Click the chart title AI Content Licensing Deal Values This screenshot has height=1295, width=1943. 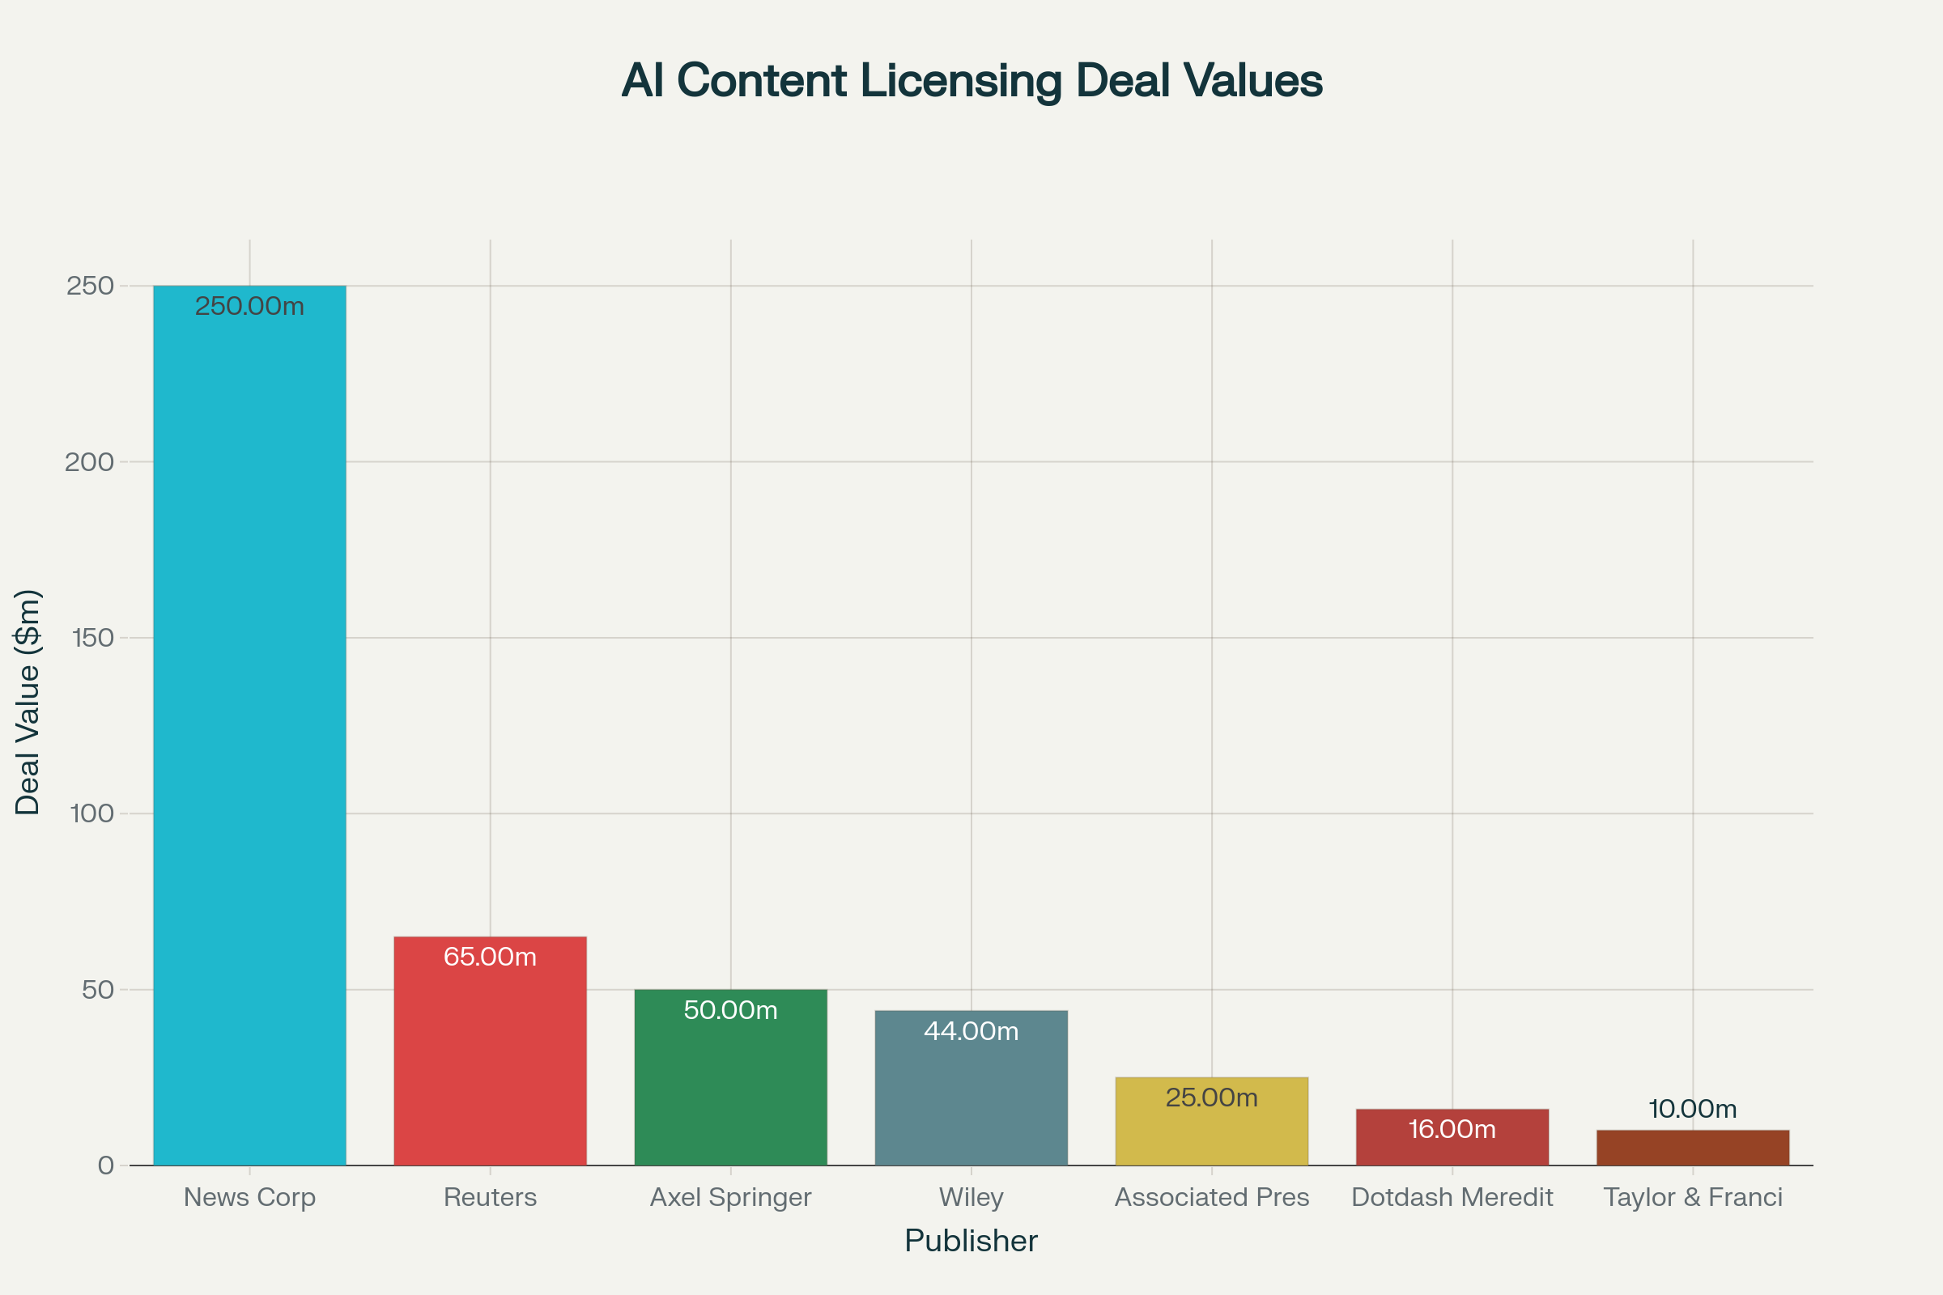971,81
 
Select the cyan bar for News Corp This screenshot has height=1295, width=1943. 249,727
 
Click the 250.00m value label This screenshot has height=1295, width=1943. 249,307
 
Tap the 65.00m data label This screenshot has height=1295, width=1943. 490,957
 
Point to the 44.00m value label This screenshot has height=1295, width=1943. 971,1031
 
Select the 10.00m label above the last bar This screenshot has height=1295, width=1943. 1693,1109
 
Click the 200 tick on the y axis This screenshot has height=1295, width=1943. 89,461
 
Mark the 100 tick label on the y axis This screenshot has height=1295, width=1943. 91,813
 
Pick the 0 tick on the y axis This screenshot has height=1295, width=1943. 106,1165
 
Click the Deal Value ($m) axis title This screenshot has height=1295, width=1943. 28,702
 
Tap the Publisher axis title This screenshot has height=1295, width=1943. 971,1242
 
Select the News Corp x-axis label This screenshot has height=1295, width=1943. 249,1197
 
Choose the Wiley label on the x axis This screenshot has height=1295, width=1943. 971,1197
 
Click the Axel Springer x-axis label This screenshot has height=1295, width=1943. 730,1197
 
